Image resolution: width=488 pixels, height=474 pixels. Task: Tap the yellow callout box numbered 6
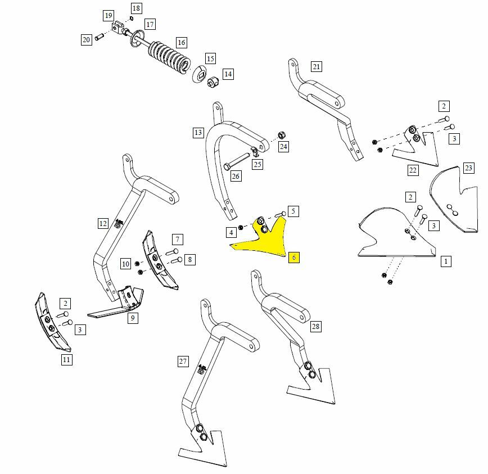pos(293,258)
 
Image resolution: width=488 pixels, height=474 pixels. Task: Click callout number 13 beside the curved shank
pos(198,133)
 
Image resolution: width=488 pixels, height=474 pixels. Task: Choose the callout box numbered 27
pos(183,362)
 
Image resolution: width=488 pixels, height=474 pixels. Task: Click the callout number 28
pos(315,327)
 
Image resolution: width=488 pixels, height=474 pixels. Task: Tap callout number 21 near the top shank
pos(316,67)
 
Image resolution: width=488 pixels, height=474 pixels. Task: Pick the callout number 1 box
pos(446,261)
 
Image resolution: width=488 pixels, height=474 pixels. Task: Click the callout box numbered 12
pos(103,224)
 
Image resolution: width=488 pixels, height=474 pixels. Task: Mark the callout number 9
pos(133,318)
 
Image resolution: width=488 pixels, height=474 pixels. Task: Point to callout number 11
pos(67,359)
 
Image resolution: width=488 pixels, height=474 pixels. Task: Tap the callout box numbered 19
pos(109,15)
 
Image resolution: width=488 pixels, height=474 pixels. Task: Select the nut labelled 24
pos(282,136)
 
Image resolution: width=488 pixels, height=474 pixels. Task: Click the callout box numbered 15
pos(210,59)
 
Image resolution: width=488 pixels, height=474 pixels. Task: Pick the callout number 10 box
pos(125,264)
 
